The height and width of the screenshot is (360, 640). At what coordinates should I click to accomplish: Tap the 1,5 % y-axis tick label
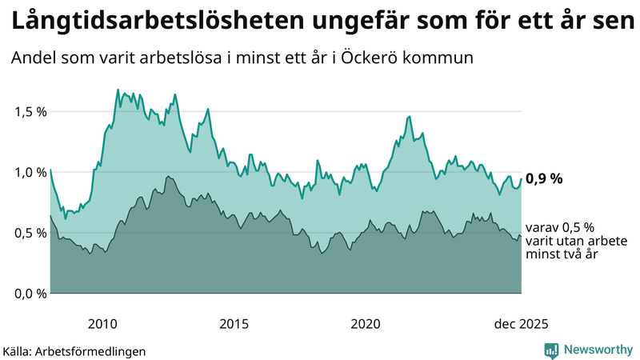(30, 111)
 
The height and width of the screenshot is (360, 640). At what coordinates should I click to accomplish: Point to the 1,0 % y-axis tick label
(30, 172)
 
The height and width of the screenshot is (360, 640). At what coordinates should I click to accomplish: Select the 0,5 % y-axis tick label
(30, 233)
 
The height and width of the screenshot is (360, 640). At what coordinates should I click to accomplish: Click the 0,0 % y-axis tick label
(30, 294)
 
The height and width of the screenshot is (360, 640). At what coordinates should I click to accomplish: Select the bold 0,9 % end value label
(544, 179)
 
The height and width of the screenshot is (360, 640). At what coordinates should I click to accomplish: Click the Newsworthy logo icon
(552, 350)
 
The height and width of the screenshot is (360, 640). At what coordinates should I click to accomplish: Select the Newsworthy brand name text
(598, 350)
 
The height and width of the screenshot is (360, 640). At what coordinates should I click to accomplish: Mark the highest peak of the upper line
(118, 90)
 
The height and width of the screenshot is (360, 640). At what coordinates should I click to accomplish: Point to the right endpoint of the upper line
(521, 179)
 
